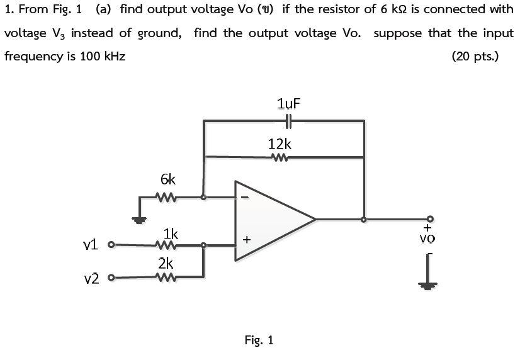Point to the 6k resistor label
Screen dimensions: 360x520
tap(168, 180)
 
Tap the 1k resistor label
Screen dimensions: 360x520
tap(171, 233)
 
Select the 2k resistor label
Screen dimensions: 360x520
tap(166, 262)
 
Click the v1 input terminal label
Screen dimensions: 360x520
tap(92, 244)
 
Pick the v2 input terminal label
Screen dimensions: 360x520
tap(92, 278)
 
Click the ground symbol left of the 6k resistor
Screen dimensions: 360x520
tap(138, 218)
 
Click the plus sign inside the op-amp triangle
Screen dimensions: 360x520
tap(247, 240)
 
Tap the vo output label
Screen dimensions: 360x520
tap(427, 238)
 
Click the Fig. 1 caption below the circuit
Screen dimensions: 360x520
tap(259, 340)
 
